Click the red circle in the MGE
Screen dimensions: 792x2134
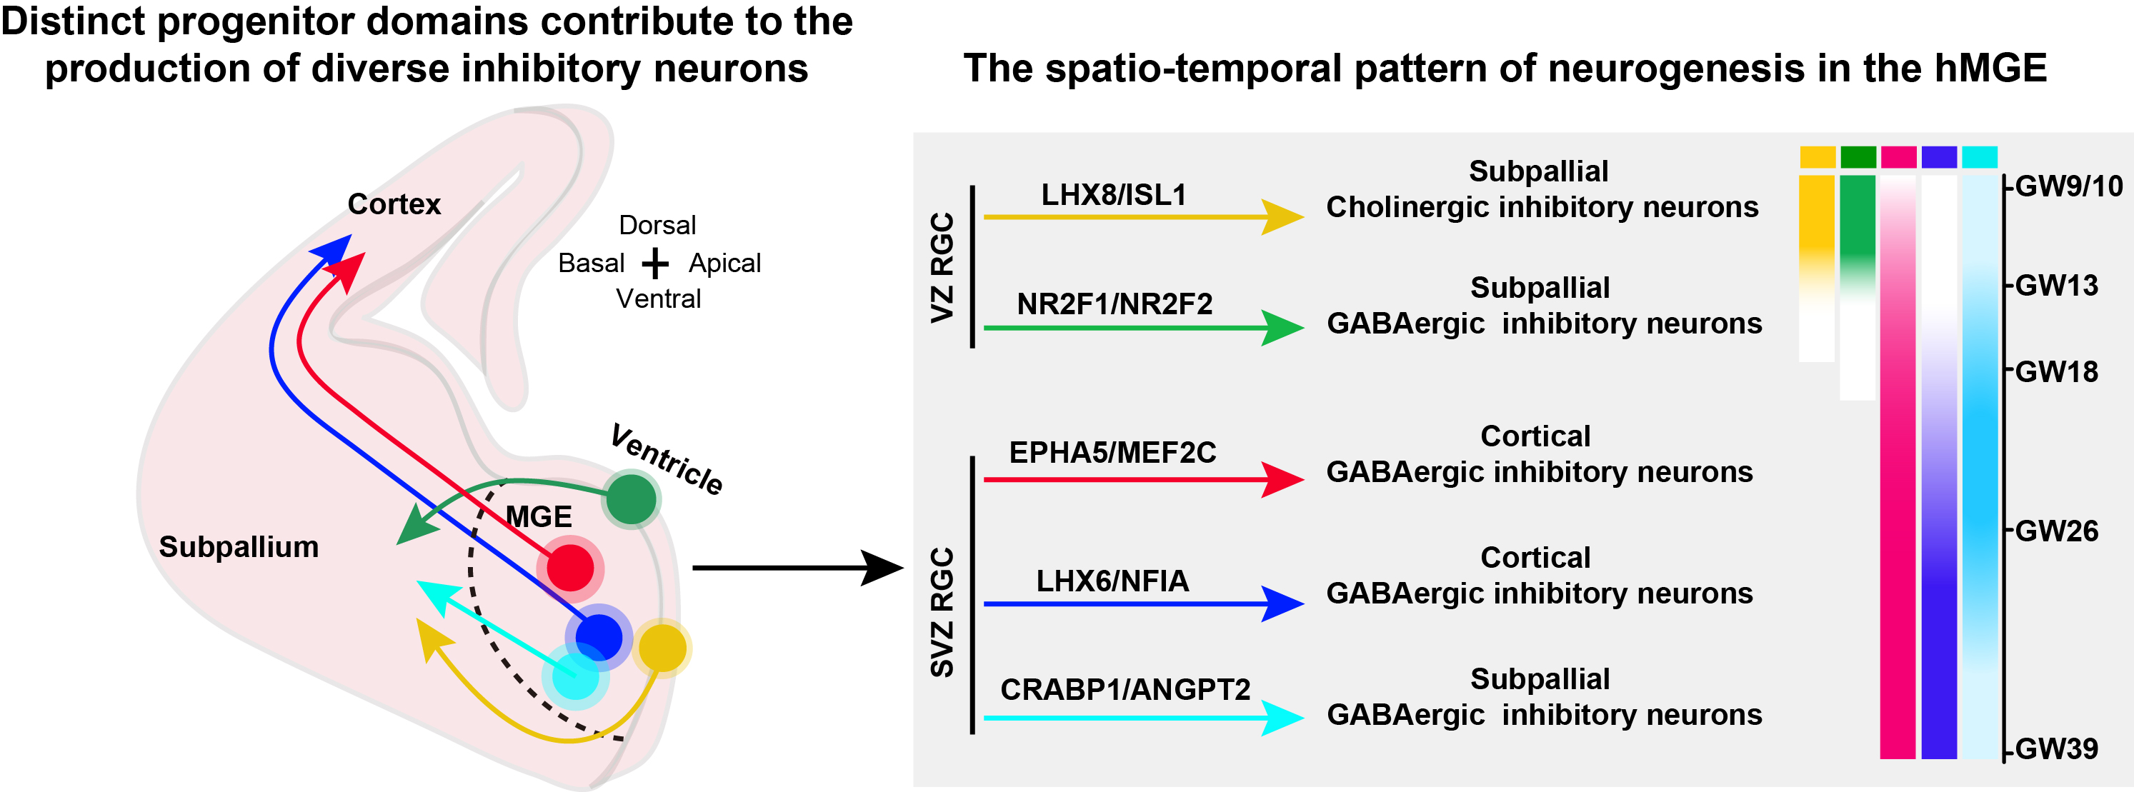click(x=570, y=568)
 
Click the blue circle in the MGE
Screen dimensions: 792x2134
click(x=598, y=637)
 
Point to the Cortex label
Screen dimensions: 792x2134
click(x=394, y=204)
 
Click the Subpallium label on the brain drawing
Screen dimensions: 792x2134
click(x=239, y=547)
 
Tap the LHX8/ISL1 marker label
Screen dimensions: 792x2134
click(x=1113, y=195)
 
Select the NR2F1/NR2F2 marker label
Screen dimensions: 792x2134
click(x=1115, y=304)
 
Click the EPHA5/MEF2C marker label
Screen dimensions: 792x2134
click(x=1112, y=452)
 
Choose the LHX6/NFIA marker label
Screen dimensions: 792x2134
click(x=1112, y=581)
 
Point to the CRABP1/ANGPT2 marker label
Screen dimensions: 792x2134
click(x=1125, y=689)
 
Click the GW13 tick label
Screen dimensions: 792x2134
click(x=2056, y=286)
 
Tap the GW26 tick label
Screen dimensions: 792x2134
click(x=2056, y=531)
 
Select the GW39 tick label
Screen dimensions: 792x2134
click(x=2056, y=749)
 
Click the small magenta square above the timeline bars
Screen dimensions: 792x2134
click(x=1898, y=156)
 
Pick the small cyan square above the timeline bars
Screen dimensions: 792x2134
click(x=1979, y=156)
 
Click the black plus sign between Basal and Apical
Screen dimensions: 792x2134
click(x=654, y=264)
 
